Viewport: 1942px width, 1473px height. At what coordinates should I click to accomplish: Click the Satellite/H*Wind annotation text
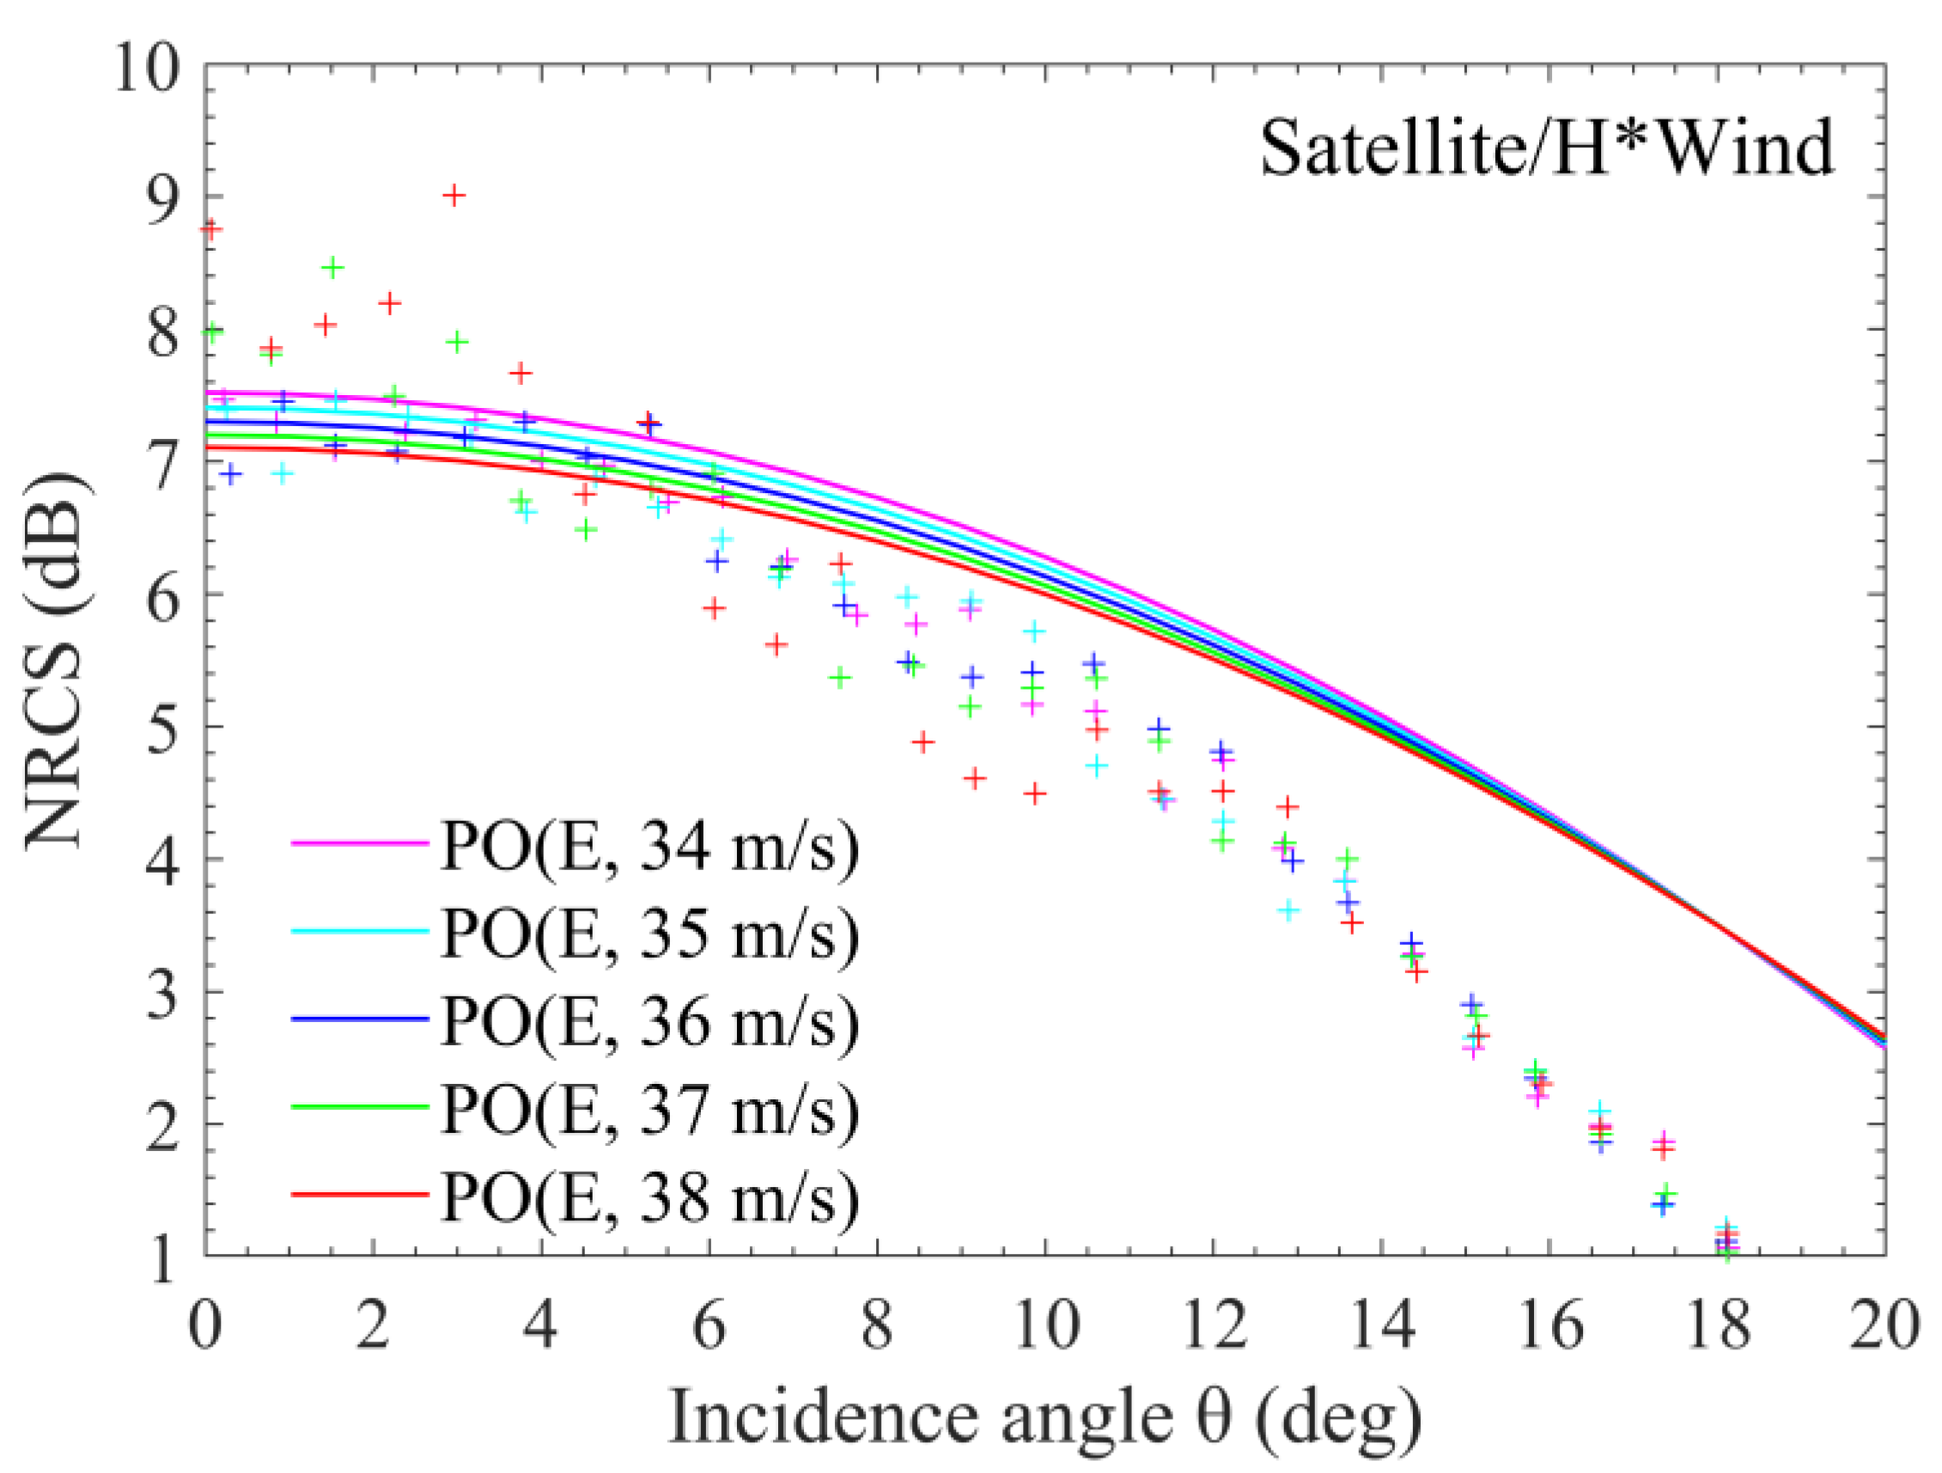click(1547, 148)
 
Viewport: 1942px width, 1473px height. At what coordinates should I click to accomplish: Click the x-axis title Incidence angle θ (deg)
click(1044, 1416)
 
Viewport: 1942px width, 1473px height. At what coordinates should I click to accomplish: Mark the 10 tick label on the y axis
click(148, 69)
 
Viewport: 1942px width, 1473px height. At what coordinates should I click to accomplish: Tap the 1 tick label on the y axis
click(163, 1259)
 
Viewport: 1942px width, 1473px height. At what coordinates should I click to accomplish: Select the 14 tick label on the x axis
click(1382, 1324)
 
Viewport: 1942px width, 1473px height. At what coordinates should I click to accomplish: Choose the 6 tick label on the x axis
click(709, 1324)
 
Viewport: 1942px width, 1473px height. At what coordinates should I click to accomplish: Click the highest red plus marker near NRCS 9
click(453, 196)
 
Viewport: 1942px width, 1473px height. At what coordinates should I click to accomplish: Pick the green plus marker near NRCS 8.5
click(332, 269)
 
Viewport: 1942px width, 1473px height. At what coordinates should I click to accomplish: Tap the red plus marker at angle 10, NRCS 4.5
click(1036, 794)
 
